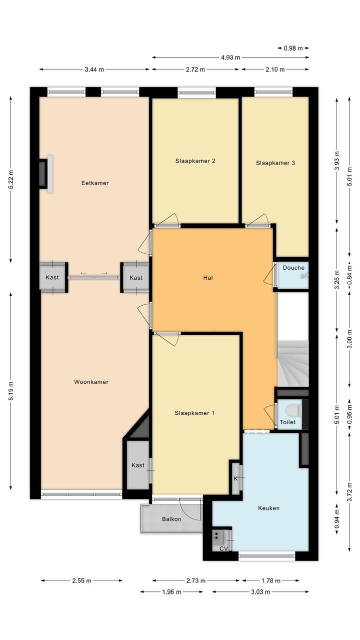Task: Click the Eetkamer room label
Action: (x=95, y=183)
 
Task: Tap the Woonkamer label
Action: (x=91, y=382)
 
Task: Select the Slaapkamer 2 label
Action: (x=195, y=161)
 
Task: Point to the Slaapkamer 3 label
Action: (x=275, y=163)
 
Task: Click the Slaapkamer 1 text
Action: (x=194, y=413)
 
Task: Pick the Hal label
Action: (x=208, y=277)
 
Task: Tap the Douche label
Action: (x=293, y=268)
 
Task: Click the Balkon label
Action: (x=171, y=519)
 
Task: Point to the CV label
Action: (x=223, y=548)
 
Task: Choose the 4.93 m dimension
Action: (x=230, y=58)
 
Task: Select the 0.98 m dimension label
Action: (x=293, y=48)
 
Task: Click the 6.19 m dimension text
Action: (x=11, y=391)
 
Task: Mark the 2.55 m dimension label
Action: (x=81, y=580)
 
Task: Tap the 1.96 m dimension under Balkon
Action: (x=171, y=592)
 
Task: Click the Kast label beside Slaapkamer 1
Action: (x=138, y=465)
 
